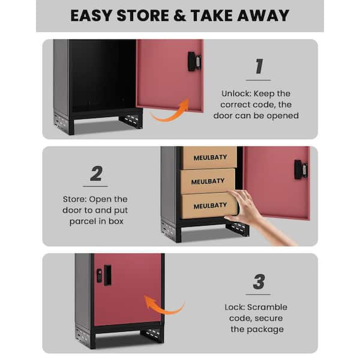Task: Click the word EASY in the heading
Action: pos(91,16)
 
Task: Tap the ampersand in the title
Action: pos(180,16)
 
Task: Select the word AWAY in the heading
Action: pos(263,16)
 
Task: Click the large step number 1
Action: pos(259,66)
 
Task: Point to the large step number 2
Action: pos(97,173)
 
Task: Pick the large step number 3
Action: pos(259,281)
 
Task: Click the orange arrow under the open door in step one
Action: pos(170,115)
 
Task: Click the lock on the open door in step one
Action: pos(194,62)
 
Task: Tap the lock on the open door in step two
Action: pos(301,170)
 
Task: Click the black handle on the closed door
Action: pos(107,275)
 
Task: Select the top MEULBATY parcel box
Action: pos(209,158)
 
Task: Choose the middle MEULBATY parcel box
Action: pos(208,181)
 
